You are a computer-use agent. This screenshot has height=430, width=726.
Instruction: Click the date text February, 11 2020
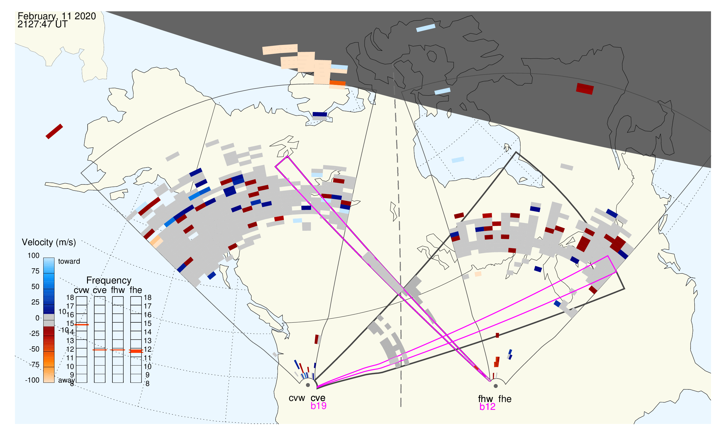point(57,16)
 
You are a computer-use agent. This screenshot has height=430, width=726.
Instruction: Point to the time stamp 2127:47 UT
point(42,24)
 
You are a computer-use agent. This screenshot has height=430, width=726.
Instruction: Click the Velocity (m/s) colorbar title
point(49,243)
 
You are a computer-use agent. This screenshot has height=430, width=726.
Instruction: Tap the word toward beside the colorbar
point(69,261)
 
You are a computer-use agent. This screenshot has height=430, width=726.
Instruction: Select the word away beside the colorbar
point(67,380)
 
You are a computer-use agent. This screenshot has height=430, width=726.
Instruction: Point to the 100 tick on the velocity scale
point(33,256)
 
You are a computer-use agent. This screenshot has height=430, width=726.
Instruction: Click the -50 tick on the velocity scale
point(34,349)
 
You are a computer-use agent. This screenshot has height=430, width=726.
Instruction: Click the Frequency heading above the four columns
point(109,281)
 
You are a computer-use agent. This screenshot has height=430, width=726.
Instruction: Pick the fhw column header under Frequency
point(118,290)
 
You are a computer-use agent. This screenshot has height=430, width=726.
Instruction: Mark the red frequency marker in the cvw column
point(82,325)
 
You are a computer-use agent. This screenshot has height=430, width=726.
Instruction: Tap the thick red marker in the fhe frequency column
point(136,351)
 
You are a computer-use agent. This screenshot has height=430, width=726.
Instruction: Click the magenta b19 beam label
point(318,406)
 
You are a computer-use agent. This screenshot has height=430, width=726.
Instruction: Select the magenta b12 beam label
point(487,407)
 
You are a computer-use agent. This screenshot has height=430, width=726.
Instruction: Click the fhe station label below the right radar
point(505,399)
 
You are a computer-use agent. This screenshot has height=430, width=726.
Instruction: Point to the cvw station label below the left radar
point(297,398)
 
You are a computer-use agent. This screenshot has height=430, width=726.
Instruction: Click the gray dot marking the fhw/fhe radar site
point(496,386)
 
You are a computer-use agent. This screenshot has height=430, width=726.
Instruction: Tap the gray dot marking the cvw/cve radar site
point(308,385)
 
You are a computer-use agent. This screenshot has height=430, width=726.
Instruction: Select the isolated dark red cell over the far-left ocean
point(54,132)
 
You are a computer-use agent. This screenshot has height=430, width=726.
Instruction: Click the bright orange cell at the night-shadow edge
point(337,83)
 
